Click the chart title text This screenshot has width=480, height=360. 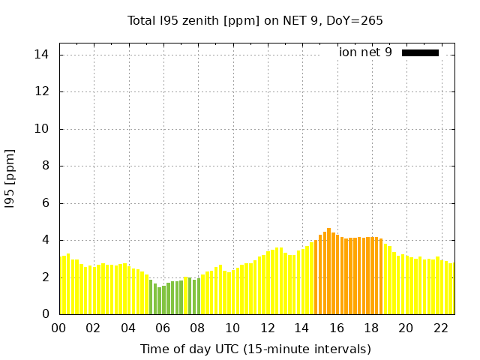point(255,21)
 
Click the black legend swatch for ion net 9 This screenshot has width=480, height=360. point(420,52)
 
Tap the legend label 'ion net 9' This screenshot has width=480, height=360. point(365,52)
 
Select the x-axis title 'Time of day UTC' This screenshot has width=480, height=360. point(255,349)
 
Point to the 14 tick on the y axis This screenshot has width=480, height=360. point(42,55)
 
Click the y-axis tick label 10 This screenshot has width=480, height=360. point(42,129)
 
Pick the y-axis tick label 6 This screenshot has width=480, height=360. point(45,203)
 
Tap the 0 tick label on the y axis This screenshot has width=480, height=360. point(45,314)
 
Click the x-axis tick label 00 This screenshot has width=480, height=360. point(58,328)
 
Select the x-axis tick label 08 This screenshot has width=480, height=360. point(197,328)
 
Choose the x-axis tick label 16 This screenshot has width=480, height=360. point(336,328)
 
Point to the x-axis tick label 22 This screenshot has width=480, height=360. point(440,328)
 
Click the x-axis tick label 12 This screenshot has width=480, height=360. point(267,328)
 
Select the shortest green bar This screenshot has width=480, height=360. point(159,301)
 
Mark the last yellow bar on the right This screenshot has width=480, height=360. point(451,289)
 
